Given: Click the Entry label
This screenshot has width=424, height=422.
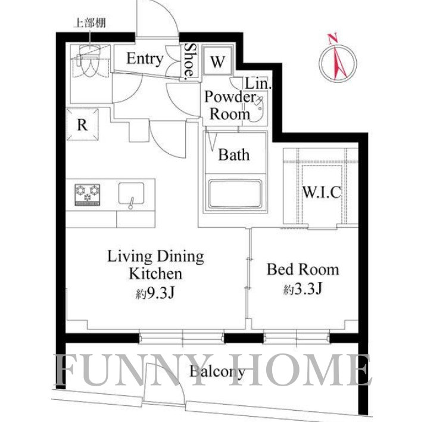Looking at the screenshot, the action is pos(145,59).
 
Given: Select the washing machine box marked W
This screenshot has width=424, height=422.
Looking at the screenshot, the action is pos(218,61).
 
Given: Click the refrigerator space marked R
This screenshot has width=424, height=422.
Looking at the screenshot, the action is pos(82,125).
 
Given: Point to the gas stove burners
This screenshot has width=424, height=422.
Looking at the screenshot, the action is pos(88,195).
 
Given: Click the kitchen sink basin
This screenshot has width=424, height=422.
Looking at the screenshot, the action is pos(131,194).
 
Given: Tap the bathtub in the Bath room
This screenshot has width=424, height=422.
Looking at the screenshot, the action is pos(234,194).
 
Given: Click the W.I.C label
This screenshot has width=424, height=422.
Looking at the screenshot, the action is pos(321,192).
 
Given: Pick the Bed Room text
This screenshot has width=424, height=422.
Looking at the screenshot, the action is pos(303,269).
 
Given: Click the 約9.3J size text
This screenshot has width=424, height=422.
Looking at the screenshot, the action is pos(155,293).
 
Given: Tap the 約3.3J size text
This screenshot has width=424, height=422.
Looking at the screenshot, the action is pos(303,289).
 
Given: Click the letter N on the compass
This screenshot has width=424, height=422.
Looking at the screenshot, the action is pos(332,39).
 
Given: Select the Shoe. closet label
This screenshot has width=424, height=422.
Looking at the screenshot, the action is pos(190,61).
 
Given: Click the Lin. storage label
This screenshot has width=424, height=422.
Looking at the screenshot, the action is pos(258,84).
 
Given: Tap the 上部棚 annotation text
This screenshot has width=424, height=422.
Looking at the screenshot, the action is pos(89,23).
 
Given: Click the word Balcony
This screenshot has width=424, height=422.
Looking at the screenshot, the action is pos(217,372).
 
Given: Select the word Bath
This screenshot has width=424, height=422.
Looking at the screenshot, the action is pos(233,155).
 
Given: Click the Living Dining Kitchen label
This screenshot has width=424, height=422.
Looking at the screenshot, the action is pos(156,265).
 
